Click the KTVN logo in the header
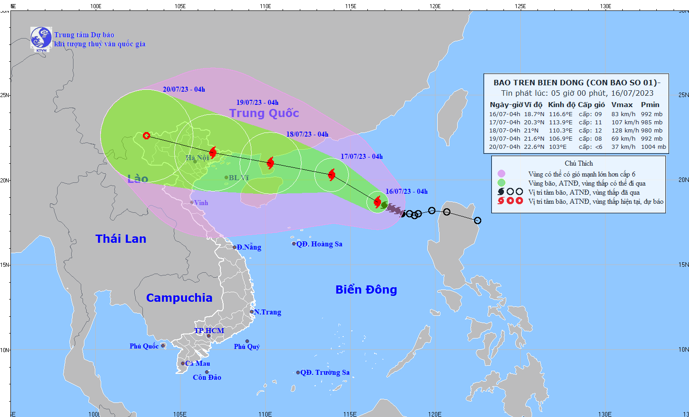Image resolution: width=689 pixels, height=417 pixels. [41, 39]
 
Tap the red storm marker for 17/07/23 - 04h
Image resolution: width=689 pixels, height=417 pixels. [332, 175]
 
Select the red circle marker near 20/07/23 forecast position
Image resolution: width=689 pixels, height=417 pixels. [147, 136]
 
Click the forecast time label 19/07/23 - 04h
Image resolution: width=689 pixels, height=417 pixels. [257, 103]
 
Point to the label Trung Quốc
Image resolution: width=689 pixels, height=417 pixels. [264, 113]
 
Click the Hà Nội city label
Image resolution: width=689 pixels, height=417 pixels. [197, 157]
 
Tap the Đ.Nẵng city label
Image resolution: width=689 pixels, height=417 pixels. [249, 247]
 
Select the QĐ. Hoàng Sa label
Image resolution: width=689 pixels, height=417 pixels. [319, 244]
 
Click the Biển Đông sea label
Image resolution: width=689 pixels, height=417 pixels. [366, 289]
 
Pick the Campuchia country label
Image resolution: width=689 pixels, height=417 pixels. [179, 298]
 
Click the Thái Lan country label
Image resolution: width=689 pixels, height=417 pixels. [121, 239]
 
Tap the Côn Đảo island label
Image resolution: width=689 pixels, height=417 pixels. [207, 378]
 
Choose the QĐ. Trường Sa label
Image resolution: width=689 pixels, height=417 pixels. [325, 373]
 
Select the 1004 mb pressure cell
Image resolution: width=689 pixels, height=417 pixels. [653, 147]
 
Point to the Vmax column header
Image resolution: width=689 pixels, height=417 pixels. [621, 105]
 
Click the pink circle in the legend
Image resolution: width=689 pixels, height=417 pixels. [501, 174]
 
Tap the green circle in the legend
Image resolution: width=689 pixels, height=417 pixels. [501, 183]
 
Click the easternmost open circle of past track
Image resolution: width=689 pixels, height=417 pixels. [478, 221]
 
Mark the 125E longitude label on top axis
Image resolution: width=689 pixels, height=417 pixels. [520, 6]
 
